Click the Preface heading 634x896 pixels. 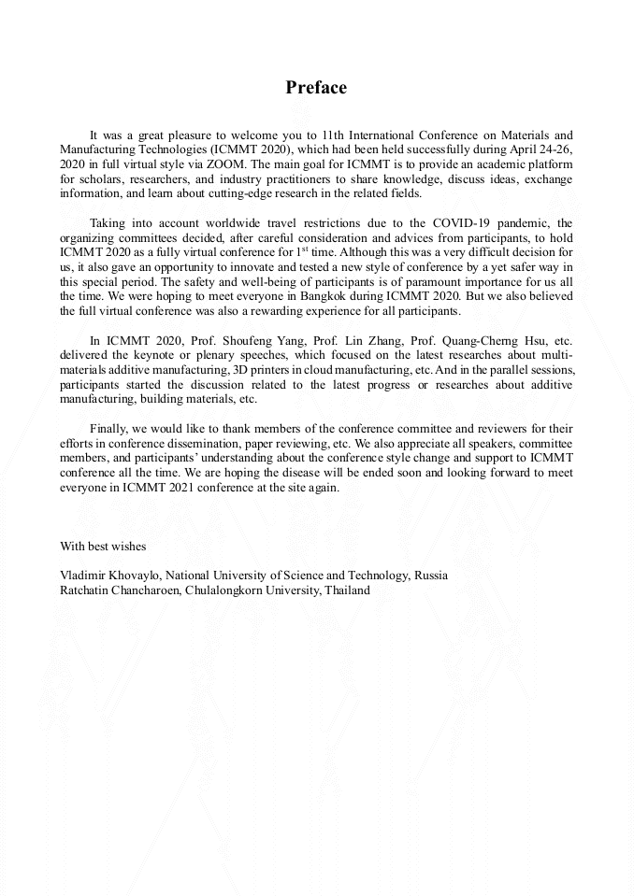(x=316, y=88)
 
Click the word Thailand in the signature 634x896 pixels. (x=347, y=590)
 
